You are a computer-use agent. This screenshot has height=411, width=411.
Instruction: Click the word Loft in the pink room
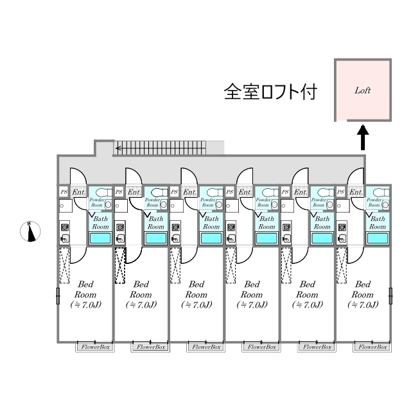[363, 91]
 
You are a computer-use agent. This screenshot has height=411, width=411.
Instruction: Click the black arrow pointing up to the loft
[362, 136]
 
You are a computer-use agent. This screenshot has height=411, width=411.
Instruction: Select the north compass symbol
[31, 231]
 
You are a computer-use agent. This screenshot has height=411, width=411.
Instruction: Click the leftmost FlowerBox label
[96, 347]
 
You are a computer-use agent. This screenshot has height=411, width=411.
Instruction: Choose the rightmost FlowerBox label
[372, 347]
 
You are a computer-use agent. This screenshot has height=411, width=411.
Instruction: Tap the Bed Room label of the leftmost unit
[87, 293]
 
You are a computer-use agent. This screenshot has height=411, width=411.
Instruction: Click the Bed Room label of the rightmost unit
[363, 293]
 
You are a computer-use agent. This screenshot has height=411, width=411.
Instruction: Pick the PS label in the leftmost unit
[64, 191]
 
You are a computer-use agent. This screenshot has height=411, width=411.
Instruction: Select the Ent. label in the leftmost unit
[78, 191]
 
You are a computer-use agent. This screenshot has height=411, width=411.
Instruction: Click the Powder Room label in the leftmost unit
[96, 203]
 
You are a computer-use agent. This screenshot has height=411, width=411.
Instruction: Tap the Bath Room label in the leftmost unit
[101, 222]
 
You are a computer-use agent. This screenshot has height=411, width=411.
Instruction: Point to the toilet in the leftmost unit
[103, 192]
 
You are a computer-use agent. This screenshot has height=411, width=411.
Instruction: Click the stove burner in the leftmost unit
[64, 227]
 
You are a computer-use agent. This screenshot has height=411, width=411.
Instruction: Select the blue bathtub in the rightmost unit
[376, 238]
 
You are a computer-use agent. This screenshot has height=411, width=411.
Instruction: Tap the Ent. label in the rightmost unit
[356, 191]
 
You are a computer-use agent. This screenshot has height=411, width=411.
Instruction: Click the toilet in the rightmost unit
[379, 192]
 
